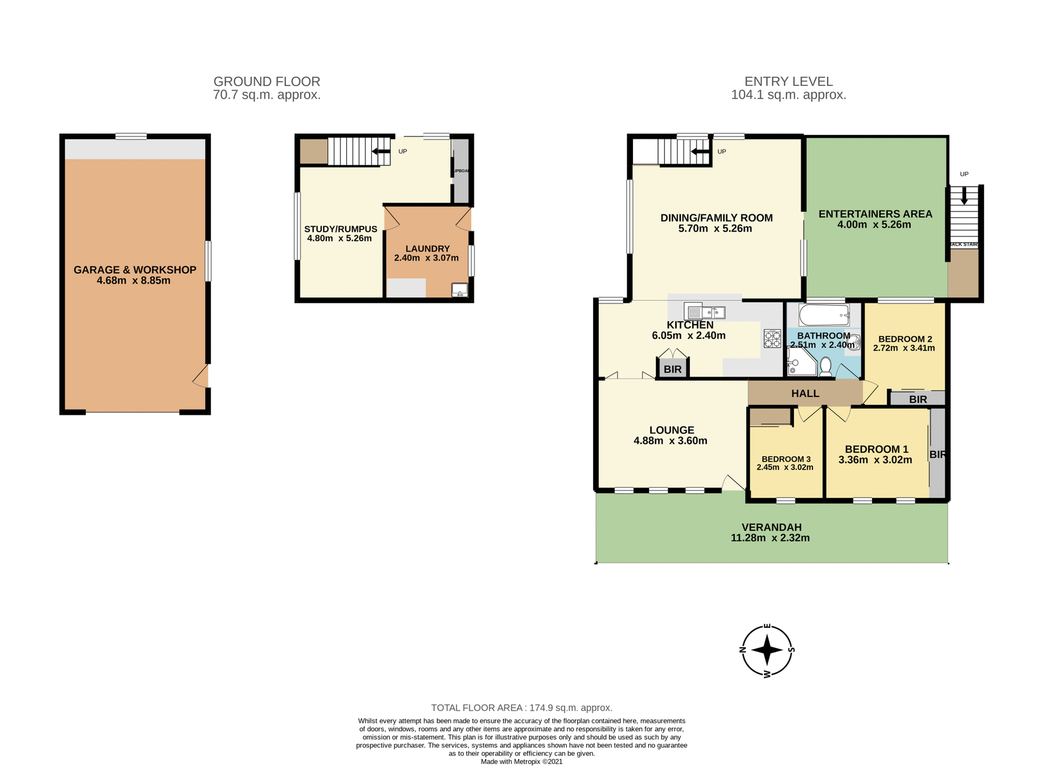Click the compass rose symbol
coord(767,650)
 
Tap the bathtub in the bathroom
coord(824,315)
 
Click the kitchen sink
coord(706,313)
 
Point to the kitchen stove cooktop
coord(772,338)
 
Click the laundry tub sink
coord(459,290)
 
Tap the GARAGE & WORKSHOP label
coord(135,270)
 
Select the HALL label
coord(805,394)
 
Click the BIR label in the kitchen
coord(673,370)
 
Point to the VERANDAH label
coord(772,527)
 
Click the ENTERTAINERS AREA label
coord(875,214)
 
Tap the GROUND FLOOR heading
coord(266,82)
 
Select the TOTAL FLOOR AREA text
coord(521,708)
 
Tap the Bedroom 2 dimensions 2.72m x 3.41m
coord(904,348)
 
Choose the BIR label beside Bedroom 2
coord(918,400)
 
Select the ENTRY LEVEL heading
coord(788,82)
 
